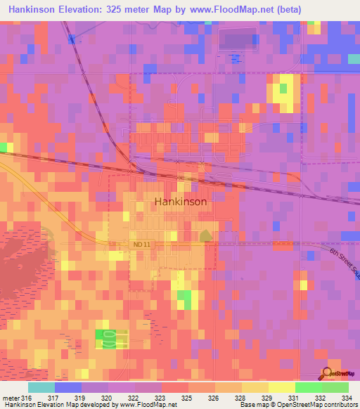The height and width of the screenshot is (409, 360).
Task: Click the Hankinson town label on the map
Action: [180, 201]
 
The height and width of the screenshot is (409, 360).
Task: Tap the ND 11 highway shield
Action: [141, 243]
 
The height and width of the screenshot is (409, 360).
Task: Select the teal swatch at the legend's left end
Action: [41, 387]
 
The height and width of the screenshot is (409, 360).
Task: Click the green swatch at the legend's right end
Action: [335, 387]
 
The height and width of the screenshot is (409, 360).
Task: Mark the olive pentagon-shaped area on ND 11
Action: [205, 236]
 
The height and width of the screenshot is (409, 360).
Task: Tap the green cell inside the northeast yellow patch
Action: [284, 88]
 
